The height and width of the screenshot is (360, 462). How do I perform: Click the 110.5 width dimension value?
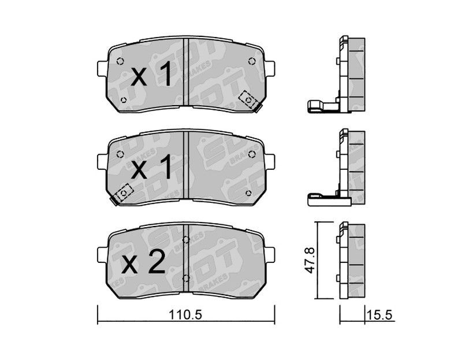185,315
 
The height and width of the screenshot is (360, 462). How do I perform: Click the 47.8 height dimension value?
310,261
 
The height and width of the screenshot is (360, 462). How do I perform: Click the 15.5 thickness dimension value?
379,315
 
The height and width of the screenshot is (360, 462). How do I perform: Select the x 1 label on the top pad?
151,75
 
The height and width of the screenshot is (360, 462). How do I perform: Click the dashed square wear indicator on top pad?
248,100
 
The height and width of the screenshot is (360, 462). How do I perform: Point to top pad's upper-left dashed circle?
120,61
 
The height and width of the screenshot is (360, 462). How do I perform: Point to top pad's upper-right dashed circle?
252,61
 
